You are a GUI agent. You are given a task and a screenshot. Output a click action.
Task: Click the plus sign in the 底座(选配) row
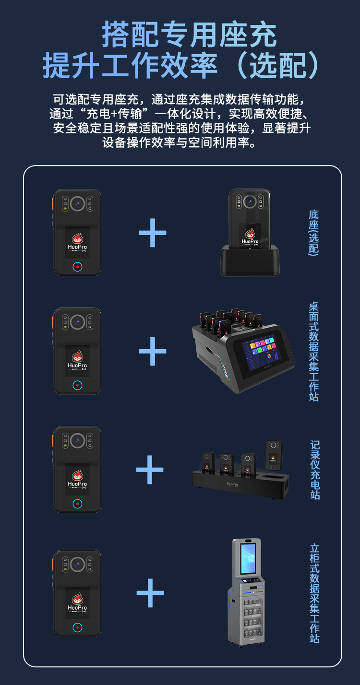(153, 233)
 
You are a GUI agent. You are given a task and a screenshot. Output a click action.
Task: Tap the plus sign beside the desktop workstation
(153, 351)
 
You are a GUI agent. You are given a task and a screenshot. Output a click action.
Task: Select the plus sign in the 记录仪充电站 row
(150, 470)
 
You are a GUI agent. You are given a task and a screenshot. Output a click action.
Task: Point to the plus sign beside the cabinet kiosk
(150, 593)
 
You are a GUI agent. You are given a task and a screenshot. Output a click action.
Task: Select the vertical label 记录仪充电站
(315, 470)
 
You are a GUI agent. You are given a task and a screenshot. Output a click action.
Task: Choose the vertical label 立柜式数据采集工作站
(315, 593)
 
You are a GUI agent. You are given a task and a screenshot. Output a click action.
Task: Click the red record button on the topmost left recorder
(77, 267)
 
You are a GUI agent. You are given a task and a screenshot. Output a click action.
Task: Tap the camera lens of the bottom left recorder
(77, 563)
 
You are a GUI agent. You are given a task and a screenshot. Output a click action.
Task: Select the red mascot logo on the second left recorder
(77, 357)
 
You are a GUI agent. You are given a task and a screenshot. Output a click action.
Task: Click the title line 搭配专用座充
(189, 35)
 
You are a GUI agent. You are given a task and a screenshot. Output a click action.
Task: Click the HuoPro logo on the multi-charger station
(232, 484)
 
